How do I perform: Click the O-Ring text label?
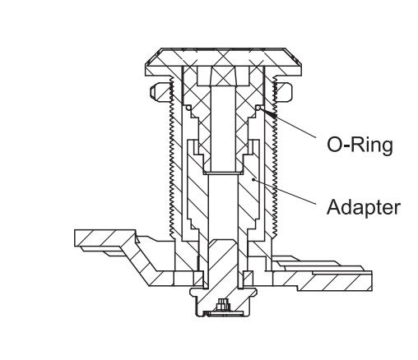[x=360, y=145]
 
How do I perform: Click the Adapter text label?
[x=364, y=207]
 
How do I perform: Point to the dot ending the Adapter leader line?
[x=253, y=180]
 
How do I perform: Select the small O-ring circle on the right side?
[x=258, y=108]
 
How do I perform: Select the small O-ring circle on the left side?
[x=188, y=108]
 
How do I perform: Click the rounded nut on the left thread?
[x=159, y=91]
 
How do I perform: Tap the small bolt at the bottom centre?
[x=222, y=304]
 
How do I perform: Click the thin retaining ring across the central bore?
[x=223, y=173]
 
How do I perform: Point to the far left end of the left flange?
[x=75, y=238]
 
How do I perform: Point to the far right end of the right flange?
[x=372, y=280]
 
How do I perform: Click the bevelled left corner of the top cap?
[x=152, y=58]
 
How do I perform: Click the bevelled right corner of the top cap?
[x=294, y=58]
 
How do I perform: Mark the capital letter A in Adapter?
[x=334, y=207]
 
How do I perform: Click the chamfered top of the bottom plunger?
[x=222, y=242]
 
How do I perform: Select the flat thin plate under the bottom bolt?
[x=223, y=313]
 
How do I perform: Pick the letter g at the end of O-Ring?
[x=387, y=148]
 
